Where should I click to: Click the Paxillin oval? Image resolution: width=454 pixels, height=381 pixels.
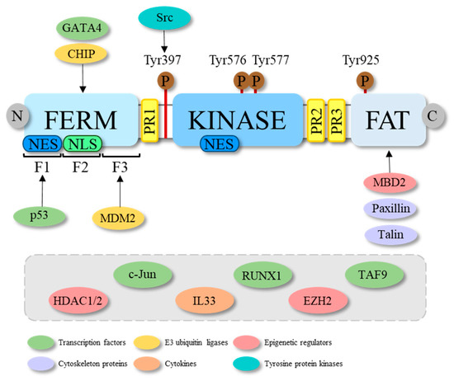387,209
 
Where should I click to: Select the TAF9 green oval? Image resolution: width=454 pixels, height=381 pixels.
375,276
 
